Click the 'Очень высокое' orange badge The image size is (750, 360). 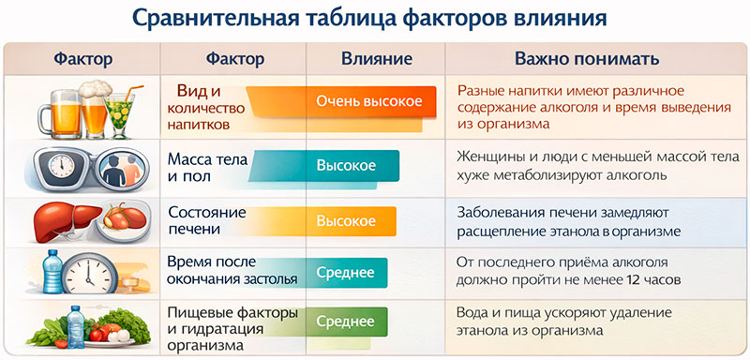368,101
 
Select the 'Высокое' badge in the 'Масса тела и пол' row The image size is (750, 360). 346,166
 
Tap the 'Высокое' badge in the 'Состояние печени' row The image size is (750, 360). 346,221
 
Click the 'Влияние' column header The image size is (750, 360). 374,59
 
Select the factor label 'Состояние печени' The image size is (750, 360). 205,220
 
